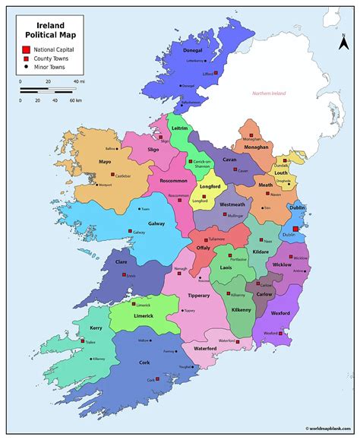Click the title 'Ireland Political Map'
46,29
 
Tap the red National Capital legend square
26,49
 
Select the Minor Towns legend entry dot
26,67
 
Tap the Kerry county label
96,328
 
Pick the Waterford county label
205,349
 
